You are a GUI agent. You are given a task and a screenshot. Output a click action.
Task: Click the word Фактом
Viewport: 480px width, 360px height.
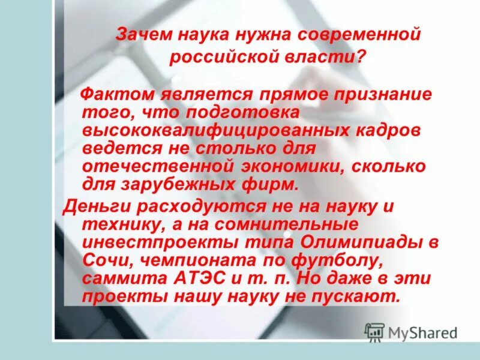pos(116,95)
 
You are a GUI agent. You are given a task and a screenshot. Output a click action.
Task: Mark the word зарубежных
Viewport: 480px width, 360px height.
pos(178,184)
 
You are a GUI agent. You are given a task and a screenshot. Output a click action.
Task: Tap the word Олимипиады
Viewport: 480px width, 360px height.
pos(362,243)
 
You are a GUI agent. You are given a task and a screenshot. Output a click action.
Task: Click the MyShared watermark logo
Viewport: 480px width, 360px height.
pos(411,332)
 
